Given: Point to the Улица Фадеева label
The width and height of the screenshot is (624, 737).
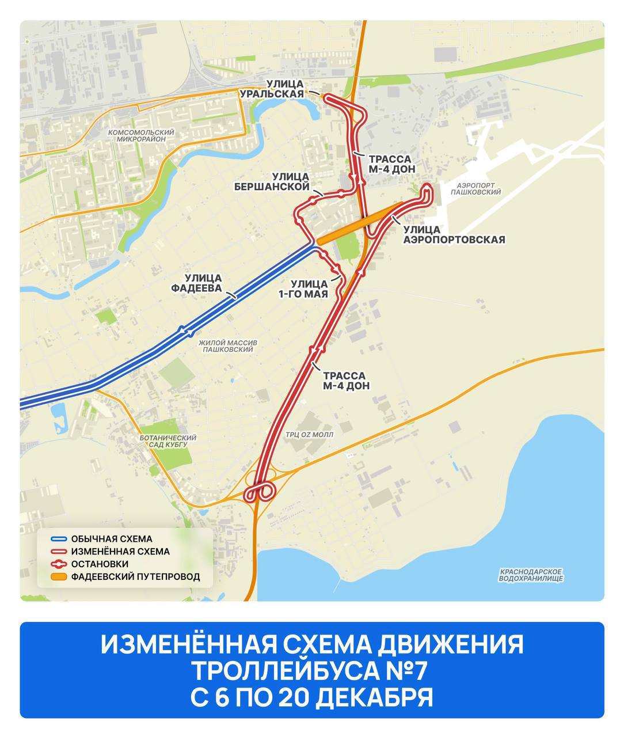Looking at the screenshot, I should (203, 282).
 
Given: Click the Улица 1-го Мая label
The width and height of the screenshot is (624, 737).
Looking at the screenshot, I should (309, 289).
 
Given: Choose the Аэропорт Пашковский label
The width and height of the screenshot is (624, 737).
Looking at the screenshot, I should (478, 189).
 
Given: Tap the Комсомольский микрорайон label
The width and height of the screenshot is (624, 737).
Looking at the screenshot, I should (141, 136).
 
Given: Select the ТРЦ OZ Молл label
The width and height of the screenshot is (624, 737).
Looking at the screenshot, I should (310, 435).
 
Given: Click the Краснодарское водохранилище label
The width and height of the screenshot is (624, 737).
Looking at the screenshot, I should (531, 574).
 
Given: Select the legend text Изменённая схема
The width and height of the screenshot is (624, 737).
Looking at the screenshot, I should (120, 552).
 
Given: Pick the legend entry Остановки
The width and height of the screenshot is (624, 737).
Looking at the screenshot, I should (100, 564).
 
